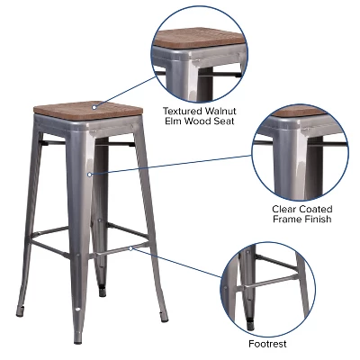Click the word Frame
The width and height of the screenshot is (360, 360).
tap(291, 220)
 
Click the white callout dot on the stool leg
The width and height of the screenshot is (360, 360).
tap(90, 175)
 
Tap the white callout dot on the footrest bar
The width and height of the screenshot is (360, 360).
tap(130, 246)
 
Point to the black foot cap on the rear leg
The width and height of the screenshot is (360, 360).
tap(103, 291)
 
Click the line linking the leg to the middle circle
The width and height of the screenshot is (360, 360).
tap(171, 166)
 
